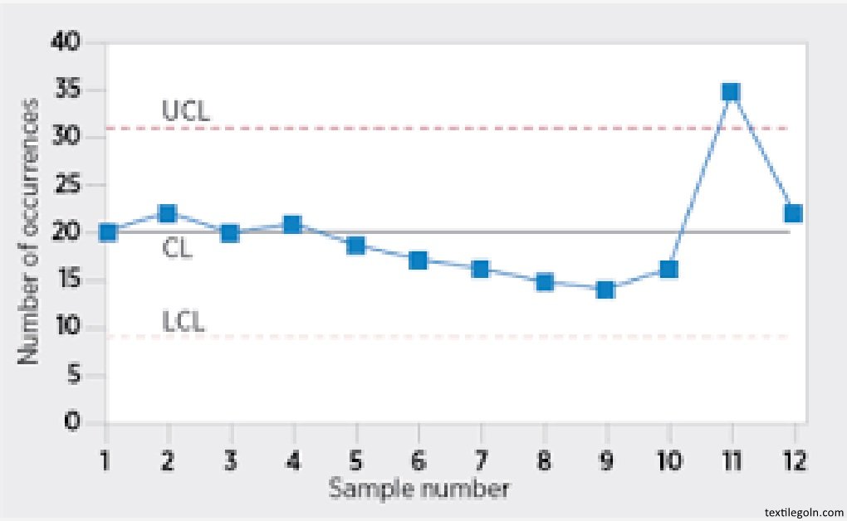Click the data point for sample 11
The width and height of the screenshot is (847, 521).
click(x=731, y=91)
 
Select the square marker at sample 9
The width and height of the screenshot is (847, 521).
click(x=605, y=290)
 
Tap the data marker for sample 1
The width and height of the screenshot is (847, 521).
click(x=107, y=232)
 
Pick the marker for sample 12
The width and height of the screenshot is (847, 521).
click(x=793, y=213)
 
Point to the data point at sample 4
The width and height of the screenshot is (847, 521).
click(x=292, y=224)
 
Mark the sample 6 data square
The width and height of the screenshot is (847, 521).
click(x=419, y=260)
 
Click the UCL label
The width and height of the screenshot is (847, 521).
click(x=186, y=111)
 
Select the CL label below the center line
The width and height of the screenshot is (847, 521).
click(x=177, y=248)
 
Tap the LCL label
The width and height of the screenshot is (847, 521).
click(x=184, y=320)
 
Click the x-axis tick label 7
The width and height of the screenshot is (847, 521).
click(x=482, y=458)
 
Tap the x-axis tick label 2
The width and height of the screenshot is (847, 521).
click(x=169, y=458)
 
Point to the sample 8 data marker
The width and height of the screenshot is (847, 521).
click(x=545, y=282)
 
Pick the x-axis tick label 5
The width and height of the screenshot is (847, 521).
click(x=356, y=458)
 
